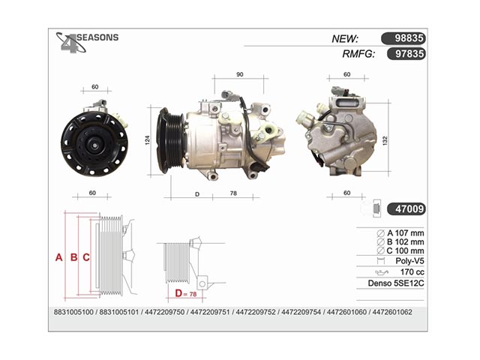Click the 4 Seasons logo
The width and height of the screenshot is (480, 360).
pyautogui.click(x=87, y=42)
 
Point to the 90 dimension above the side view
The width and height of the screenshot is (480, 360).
pyautogui.click(x=240, y=74)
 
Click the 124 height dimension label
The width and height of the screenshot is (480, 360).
pyautogui.click(x=148, y=140)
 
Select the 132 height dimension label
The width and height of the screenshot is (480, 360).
pyautogui.click(x=385, y=141)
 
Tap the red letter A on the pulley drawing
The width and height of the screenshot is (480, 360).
pyautogui.click(x=58, y=257)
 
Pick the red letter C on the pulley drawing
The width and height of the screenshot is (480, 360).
pyautogui.click(x=86, y=257)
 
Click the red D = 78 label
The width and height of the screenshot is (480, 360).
pyautogui.click(x=186, y=293)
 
